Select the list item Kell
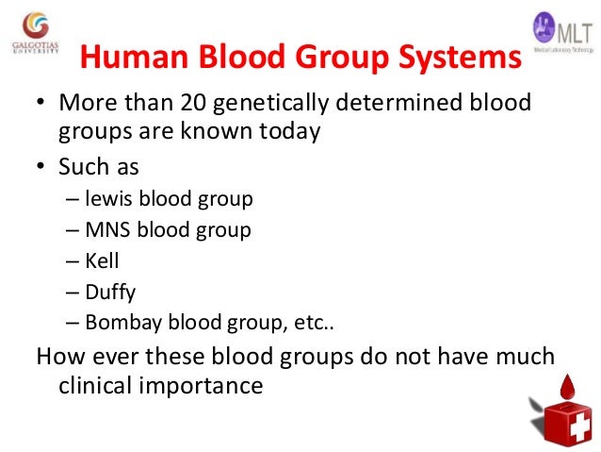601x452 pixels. click(x=102, y=260)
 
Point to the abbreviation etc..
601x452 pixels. click(x=314, y=322)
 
